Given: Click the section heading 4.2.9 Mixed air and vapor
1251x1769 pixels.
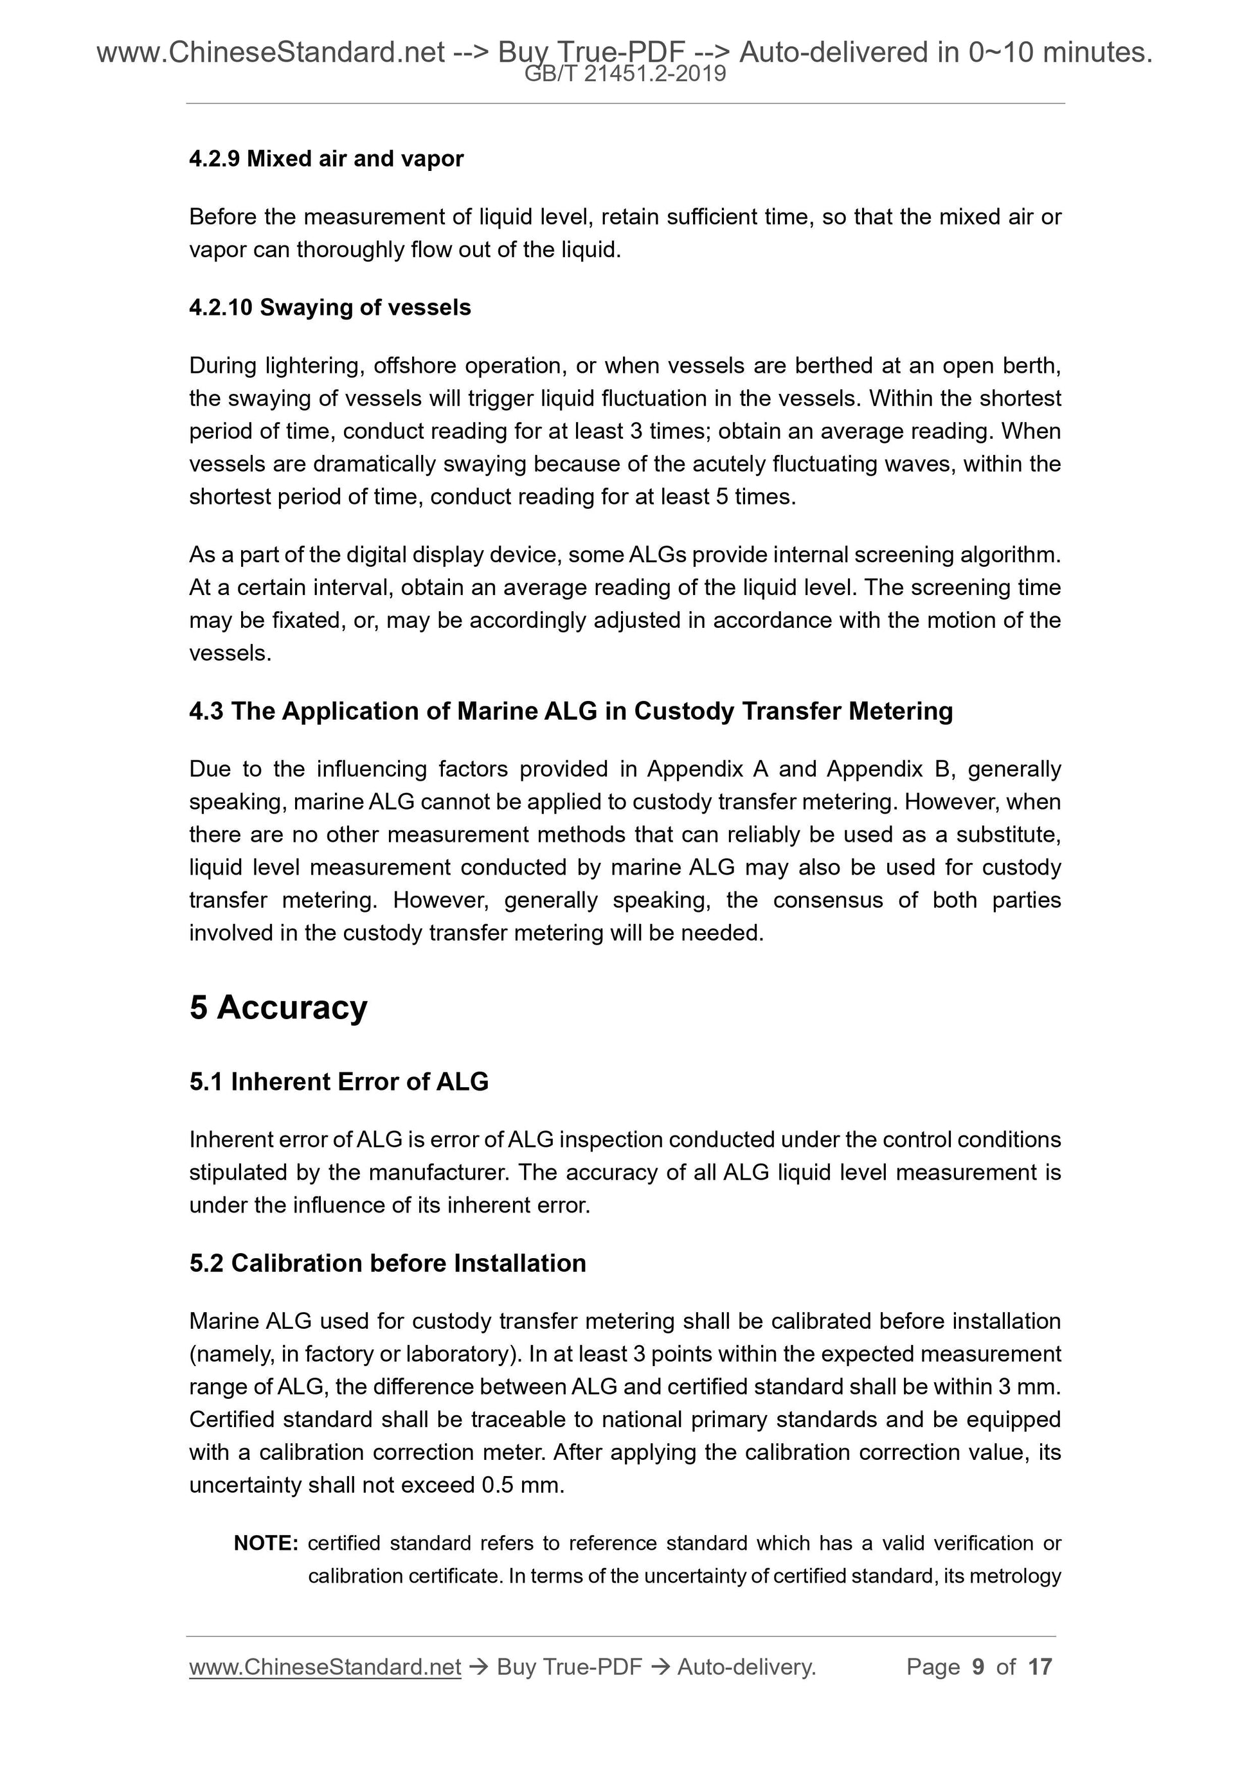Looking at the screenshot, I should [326, 159].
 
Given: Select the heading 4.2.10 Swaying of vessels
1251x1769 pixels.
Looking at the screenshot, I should [330, 307].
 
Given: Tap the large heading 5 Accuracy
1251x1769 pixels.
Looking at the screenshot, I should [278, 1007].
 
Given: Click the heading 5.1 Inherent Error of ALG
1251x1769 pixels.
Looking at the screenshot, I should [339, 1081].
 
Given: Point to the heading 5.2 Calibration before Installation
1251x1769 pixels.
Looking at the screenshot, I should [388, 1263].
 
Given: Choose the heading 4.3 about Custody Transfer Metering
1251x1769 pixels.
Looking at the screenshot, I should [571, 711].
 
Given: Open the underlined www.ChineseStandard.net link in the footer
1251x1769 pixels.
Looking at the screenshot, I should [325, 1667].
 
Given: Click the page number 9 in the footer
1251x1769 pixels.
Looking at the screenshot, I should [978, 1667].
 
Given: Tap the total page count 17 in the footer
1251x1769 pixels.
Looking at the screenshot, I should [1039, 1667].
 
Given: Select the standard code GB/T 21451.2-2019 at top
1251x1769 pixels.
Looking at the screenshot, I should [625, 74].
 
